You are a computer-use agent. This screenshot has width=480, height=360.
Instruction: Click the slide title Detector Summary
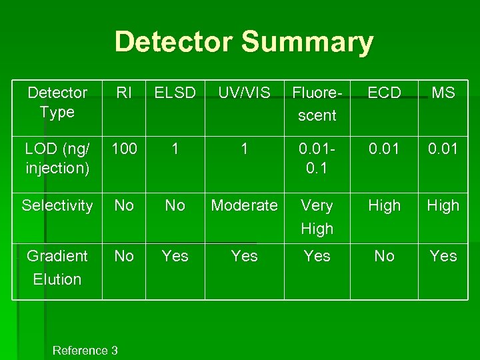coord(244,41)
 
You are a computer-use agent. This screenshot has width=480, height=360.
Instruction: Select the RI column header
coord(124,93)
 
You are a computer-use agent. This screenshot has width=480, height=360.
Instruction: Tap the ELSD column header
coord(175,93)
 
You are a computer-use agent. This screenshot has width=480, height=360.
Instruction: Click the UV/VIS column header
coord(245,93)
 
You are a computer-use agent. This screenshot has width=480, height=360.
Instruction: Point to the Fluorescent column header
coord(317,104)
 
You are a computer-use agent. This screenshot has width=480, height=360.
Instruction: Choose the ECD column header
coord(385,93)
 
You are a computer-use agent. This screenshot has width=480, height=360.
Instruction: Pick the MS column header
coord(443,93)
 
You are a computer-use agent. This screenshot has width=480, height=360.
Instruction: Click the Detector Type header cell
coord(57,102)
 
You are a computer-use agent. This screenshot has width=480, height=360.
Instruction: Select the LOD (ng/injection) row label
coord(57,158)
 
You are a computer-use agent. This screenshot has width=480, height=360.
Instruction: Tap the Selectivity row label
coord(57,205)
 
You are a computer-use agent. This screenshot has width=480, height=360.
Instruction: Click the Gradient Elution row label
coord(57,267)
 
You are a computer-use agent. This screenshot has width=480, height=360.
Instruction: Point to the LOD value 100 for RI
coord(124,149)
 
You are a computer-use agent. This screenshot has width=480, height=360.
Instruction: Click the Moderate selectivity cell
coord(245,205)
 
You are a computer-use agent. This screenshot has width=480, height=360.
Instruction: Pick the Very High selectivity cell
coord(317,217)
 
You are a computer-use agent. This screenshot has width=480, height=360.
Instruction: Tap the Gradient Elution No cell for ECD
coord(385,256)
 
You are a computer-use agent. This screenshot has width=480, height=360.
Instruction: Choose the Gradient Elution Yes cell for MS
coord(443,256)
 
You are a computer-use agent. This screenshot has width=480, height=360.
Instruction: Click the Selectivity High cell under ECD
coord(385,205)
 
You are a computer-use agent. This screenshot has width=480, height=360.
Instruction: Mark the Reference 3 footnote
coord(85,350)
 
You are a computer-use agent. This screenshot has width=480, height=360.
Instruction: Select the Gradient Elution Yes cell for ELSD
coord(175,256)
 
